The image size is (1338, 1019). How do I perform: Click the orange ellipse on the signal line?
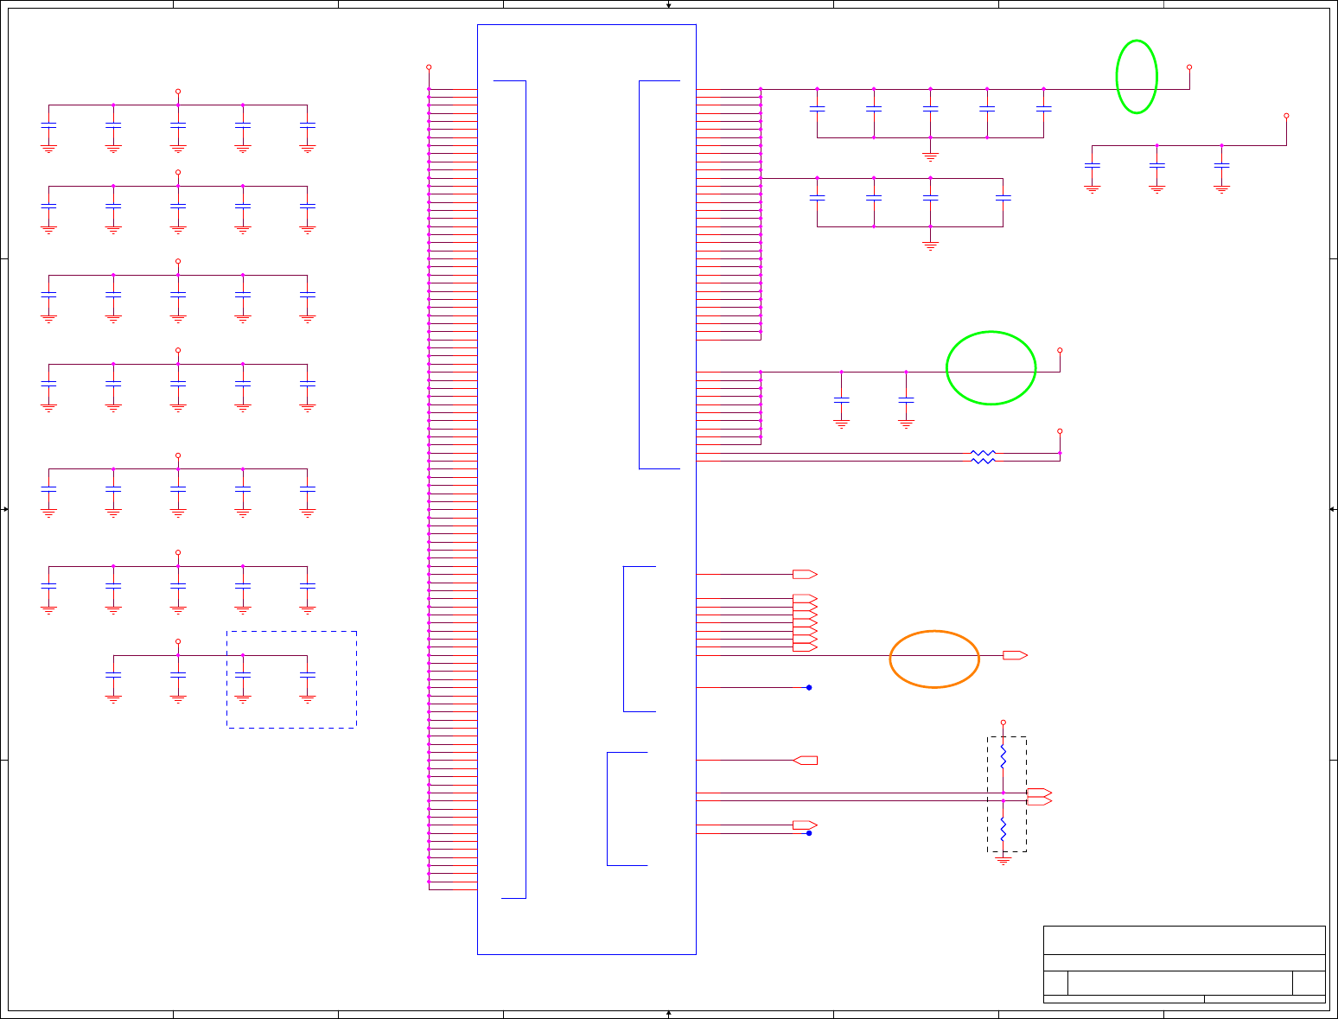[x=934, y=659]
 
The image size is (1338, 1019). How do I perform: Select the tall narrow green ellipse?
[x=1137, y=77]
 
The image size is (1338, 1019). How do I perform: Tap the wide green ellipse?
[x=991, y=368]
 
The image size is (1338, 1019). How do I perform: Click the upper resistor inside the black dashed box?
[x=1003, y=758]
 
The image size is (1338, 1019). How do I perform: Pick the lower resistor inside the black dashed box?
[x=1003, y=829]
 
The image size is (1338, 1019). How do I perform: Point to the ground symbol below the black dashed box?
[x=1003, y=860]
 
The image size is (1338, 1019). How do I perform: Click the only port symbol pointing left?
[x=805, y=761]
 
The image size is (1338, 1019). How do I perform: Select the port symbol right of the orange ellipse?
[x=1015, y=655]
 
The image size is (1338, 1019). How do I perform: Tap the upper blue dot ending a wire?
[x=809, y=688]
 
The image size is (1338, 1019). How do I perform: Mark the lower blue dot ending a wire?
[x=809, y=833]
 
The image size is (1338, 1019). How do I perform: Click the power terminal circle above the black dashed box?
[x=1003, y=722]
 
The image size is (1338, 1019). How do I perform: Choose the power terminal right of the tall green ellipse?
[x=1189, y=67]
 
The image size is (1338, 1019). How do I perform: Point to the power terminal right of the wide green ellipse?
[x=1060, y=350]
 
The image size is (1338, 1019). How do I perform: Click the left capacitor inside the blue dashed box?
[x=243, y=673]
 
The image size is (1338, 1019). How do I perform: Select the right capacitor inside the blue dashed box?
[x=308, y=673]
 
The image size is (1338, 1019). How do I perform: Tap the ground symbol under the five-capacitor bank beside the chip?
[x=930, y=157]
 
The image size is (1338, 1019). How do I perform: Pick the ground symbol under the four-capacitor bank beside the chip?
[x=930, y=246]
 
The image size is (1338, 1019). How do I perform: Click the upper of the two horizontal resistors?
[x=983, y=453]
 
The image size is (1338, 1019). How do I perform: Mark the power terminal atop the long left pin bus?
[x=429, y=67]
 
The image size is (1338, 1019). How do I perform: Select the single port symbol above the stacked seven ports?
[x=805, y=574]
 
